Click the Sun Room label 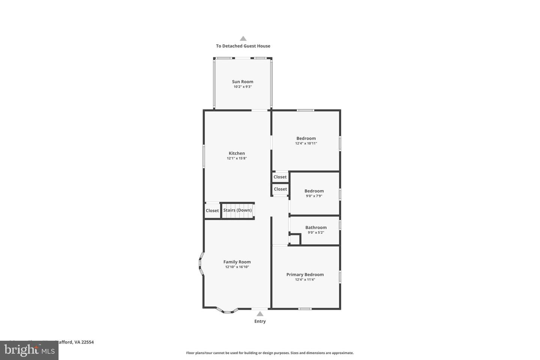[242, 81]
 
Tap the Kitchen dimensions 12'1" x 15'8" [237, 158]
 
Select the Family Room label [237, 262]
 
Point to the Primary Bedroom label [305, 274]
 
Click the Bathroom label [316, 227]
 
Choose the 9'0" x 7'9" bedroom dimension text [314, 196]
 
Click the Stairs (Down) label [237, 210]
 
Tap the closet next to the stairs [212, 210]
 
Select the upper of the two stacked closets [280, 177]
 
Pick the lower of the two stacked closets [280, 189]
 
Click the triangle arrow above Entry [260, 314]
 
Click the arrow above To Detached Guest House [243, 38]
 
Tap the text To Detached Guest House [243, 46]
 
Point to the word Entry [260, 321]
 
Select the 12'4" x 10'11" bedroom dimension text [306, 143]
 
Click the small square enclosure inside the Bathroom [295, 239]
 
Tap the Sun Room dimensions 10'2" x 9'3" [242, 87]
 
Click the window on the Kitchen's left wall [204, 156]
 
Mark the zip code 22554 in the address [87, 342]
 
